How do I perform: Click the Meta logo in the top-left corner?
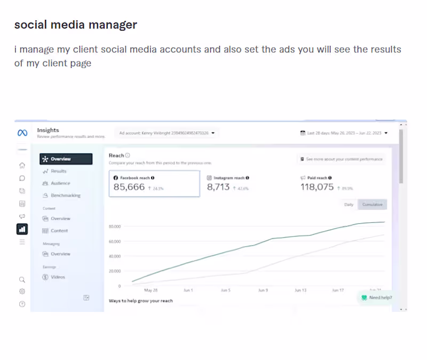click(x=22, y=133)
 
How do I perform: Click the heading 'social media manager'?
click(x=75, y=25)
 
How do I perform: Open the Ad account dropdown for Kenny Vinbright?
click(x=167, y=132)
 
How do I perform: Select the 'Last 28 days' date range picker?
click(x=344, y=133)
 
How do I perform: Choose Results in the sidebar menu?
click(x=58, y=171)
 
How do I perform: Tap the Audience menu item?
click(x=60, y=183)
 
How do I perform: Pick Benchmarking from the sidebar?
click(x=65, y=195)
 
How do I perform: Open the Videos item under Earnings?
click(x=58, y=277)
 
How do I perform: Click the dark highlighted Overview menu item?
click(x=66, y=159)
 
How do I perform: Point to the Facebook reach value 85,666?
click(x=129, y=187)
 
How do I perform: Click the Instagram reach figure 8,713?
click(x=218, y=187)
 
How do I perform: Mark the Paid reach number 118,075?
click(x=317, y=187)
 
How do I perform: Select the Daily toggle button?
click(x=349, y=205)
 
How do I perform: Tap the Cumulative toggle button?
click(x=372, y=205)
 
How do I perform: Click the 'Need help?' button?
click(x=376, y=298)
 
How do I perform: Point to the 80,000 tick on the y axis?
click(x=114, y=226)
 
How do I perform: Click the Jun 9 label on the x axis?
click(x=263, y=291)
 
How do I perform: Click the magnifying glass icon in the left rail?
click(x=22, y=279)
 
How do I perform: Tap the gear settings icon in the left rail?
click(x=22, y=292)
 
